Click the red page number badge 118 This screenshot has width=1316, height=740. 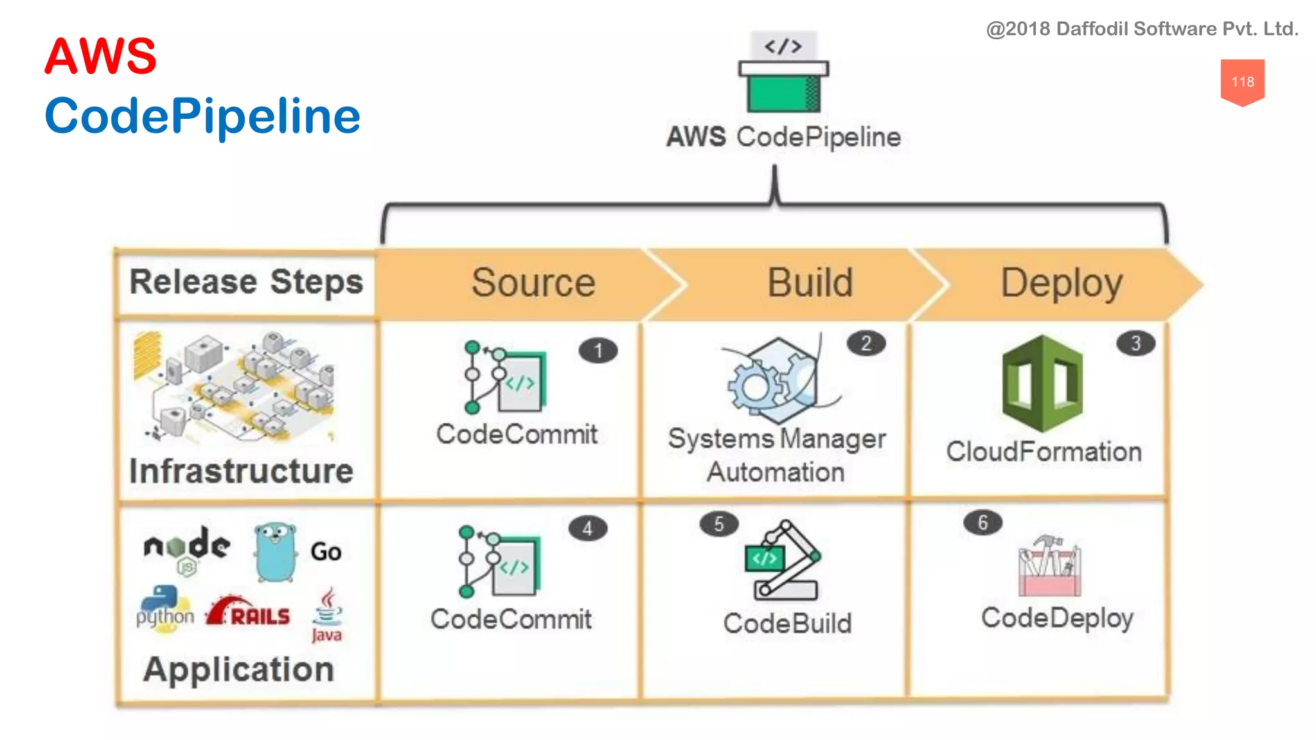(x=1242, y=82)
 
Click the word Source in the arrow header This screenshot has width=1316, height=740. (x=533, y=283)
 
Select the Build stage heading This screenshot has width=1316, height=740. (x=810, y=283)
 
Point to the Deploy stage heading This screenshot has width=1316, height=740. (x=1062, y=283)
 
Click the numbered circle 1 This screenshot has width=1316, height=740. (x=598, y=351)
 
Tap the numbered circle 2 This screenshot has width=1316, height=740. (x=866, y=344)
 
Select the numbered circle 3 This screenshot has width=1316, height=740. (x=1135, y=344)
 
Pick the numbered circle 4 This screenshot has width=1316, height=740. (x=587, y=529)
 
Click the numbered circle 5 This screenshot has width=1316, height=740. (x=718, y=524)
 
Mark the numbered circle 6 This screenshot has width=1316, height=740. (x=983, y=523)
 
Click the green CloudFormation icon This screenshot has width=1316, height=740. (x=1042, y=383)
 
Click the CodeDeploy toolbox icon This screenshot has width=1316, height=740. (x=1049, y=565)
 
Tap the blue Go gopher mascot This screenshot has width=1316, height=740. (x=275, y=551)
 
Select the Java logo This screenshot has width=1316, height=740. (x=327, y=615)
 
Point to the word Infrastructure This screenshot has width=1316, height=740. (x=241, y=471)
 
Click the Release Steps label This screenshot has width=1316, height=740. (x=246, y=282)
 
